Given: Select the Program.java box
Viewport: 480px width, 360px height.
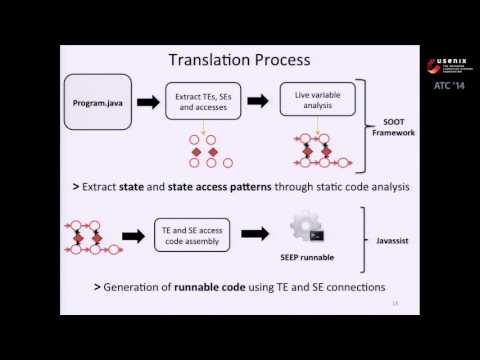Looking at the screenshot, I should (x=97, y=102).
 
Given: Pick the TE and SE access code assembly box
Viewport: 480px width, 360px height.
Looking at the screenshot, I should (x=189, y=235).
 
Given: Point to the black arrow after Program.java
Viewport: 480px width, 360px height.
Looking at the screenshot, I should (x=144, y=102).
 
